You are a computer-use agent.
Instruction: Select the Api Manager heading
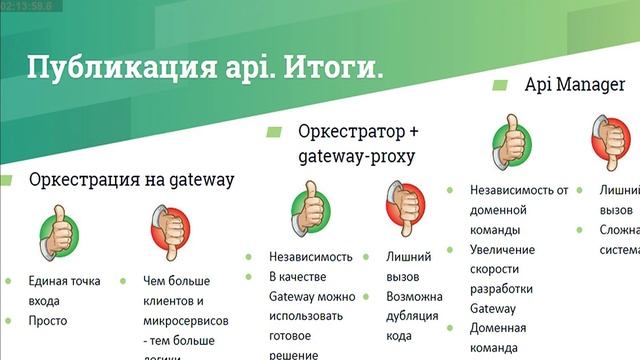tap(575, 85)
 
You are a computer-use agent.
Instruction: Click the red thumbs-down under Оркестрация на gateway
tap(166, 234)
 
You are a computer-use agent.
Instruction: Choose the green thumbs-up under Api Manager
tap(511, 139)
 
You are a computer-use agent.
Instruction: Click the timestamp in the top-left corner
tap(27, 6)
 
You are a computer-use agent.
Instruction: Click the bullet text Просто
tap(48, 321)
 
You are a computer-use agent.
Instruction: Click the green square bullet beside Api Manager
tap(496, 85)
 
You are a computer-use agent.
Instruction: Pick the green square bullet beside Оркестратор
tap(273, 132)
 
